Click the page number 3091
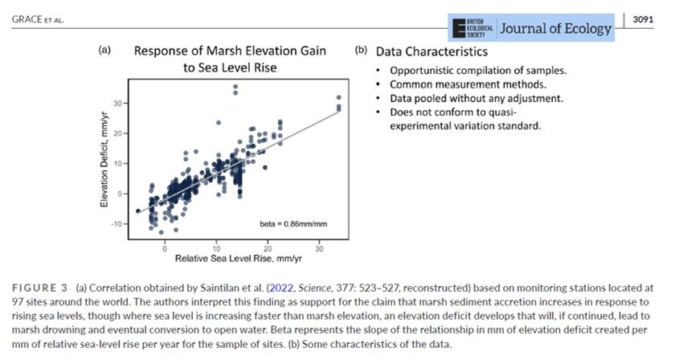point(643,19)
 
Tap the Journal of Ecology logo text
point(555,28)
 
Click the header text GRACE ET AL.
point(38,19)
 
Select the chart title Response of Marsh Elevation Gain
point(230,51)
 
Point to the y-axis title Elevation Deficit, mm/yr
point(104,159)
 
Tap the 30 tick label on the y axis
point(118,104)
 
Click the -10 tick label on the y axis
point(117,224)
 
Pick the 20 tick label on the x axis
point(268,249)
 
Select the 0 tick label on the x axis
point(165,249)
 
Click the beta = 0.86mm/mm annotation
point(293,224)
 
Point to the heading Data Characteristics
point(432,51)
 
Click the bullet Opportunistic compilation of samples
point(478,70)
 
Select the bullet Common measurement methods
point(468,84)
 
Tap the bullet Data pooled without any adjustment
point(477,98)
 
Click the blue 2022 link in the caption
point(281,288)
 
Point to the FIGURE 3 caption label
point(39,288)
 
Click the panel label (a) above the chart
point(104,50)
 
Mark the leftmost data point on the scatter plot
point(137,211)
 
